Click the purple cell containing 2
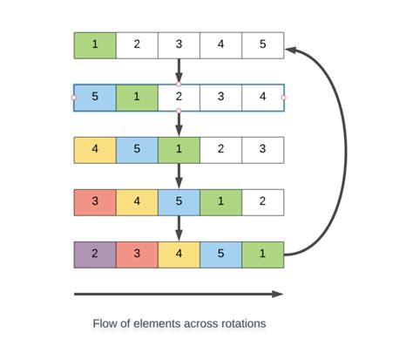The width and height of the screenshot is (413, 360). [95, 255]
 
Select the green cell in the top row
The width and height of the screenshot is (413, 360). [95, 45]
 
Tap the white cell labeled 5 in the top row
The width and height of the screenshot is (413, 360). [262, 45]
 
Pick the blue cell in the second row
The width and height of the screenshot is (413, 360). [95, 98]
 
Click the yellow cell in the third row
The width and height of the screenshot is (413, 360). [95, 150]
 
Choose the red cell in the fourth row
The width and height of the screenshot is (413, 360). [95, 202]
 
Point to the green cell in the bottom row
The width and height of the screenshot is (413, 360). [262, 255]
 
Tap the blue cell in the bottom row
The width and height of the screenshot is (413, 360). [220, 255]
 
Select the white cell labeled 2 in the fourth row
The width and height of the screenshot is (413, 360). [262, 202]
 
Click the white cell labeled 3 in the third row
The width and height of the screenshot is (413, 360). [262, 150]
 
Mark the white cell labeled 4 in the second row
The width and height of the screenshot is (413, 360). [262, 98]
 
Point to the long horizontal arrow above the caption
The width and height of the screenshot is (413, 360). [179, 295]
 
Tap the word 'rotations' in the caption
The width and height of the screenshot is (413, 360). [241, 323]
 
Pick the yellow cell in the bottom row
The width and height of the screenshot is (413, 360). [179, 255]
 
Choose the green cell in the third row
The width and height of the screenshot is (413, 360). [179, 150]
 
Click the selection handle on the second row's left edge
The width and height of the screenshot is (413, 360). [74, 98]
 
